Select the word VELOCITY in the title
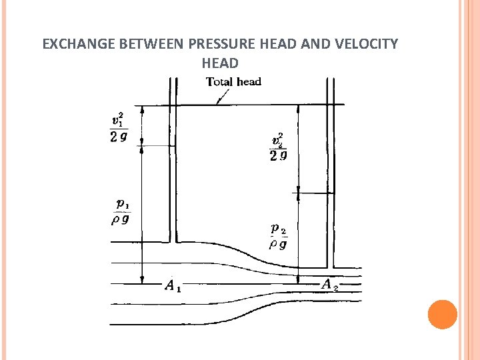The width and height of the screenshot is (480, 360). [x=366, y=45]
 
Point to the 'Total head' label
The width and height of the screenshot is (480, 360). [x=233, y=82]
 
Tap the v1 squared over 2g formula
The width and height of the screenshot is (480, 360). [x=119, y=128]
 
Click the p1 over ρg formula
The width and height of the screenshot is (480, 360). [x=120, y=212]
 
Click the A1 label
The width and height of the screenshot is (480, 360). [x=173, y=287]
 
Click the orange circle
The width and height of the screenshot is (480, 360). [x=442, y=315]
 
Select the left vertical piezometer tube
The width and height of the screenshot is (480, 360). [x=173, y=160]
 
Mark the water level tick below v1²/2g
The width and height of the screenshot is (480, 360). [x=154, y=146]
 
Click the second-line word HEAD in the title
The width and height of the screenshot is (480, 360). [x=219, y=63]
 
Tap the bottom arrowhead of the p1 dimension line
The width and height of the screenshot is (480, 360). [x=141, y=279]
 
